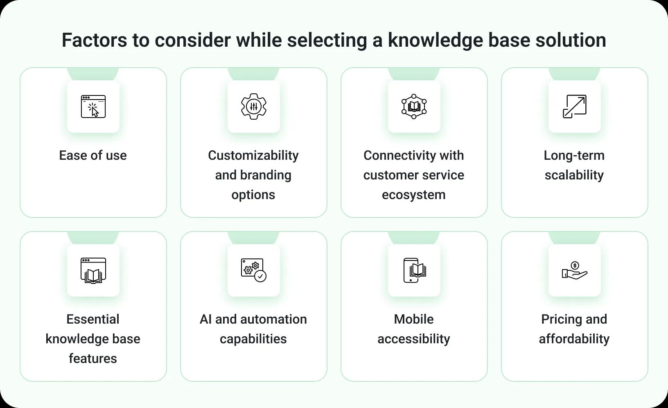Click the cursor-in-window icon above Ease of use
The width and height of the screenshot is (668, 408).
(93, 107)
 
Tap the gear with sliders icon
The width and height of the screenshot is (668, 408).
(254, 107)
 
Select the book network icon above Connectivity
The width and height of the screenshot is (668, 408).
(414, 107)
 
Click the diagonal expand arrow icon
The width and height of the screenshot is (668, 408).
(574, 107)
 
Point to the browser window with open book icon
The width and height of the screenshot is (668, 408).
(93, 270)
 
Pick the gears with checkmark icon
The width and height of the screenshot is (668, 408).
(254, 270)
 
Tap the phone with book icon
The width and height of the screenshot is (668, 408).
(414, 270)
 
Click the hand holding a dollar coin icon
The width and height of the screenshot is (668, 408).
(574, 271)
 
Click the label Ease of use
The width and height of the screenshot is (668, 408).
(93, 156)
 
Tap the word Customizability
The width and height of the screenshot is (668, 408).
(253, 156)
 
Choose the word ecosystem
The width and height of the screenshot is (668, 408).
(413, 195)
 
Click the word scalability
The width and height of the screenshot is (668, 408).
(574, 175)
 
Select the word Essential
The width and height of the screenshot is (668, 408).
(93, 320)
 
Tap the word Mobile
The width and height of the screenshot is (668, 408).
(413, 320)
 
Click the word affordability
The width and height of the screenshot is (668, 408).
(574, 339)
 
